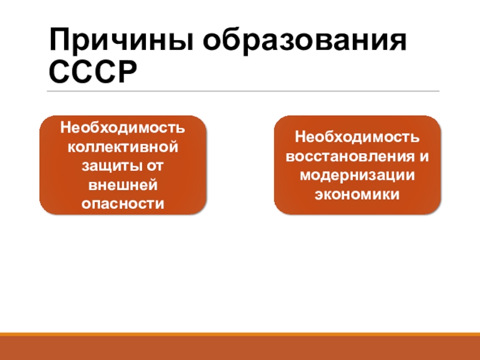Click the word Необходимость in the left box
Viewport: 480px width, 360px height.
(x=122, y=128)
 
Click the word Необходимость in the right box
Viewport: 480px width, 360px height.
(x=357, y=138)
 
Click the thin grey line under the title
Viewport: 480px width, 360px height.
(x=243, y=91)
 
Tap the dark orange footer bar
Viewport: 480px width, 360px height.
(x=240, y=348)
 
